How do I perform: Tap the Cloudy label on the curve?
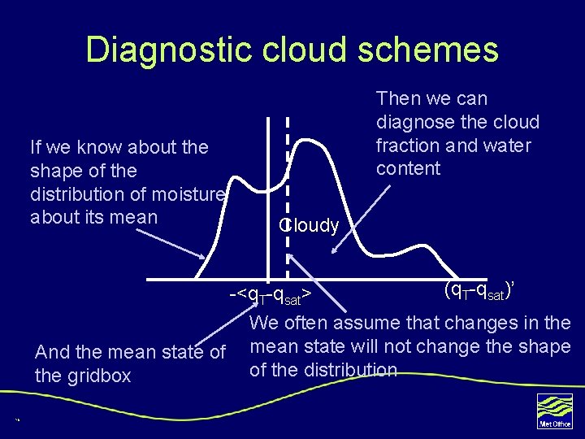tap(310, 226)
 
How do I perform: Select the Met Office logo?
tap(555, 411)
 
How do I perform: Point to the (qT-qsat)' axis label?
tap(482, 290)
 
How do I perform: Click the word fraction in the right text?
tap(407, 146)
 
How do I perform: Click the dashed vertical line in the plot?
tap(288, 187)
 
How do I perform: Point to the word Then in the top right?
tap(396, 98)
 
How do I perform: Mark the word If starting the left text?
tap(36, 147)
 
